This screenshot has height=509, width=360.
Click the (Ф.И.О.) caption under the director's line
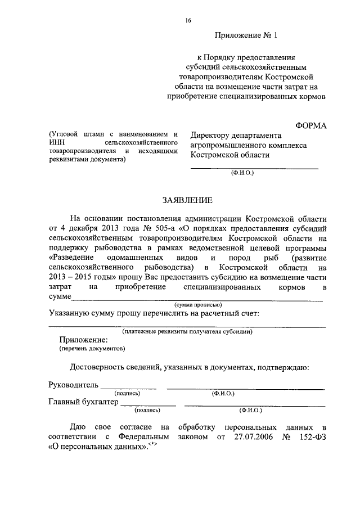242,173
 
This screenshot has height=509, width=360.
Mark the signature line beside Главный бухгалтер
148,403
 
